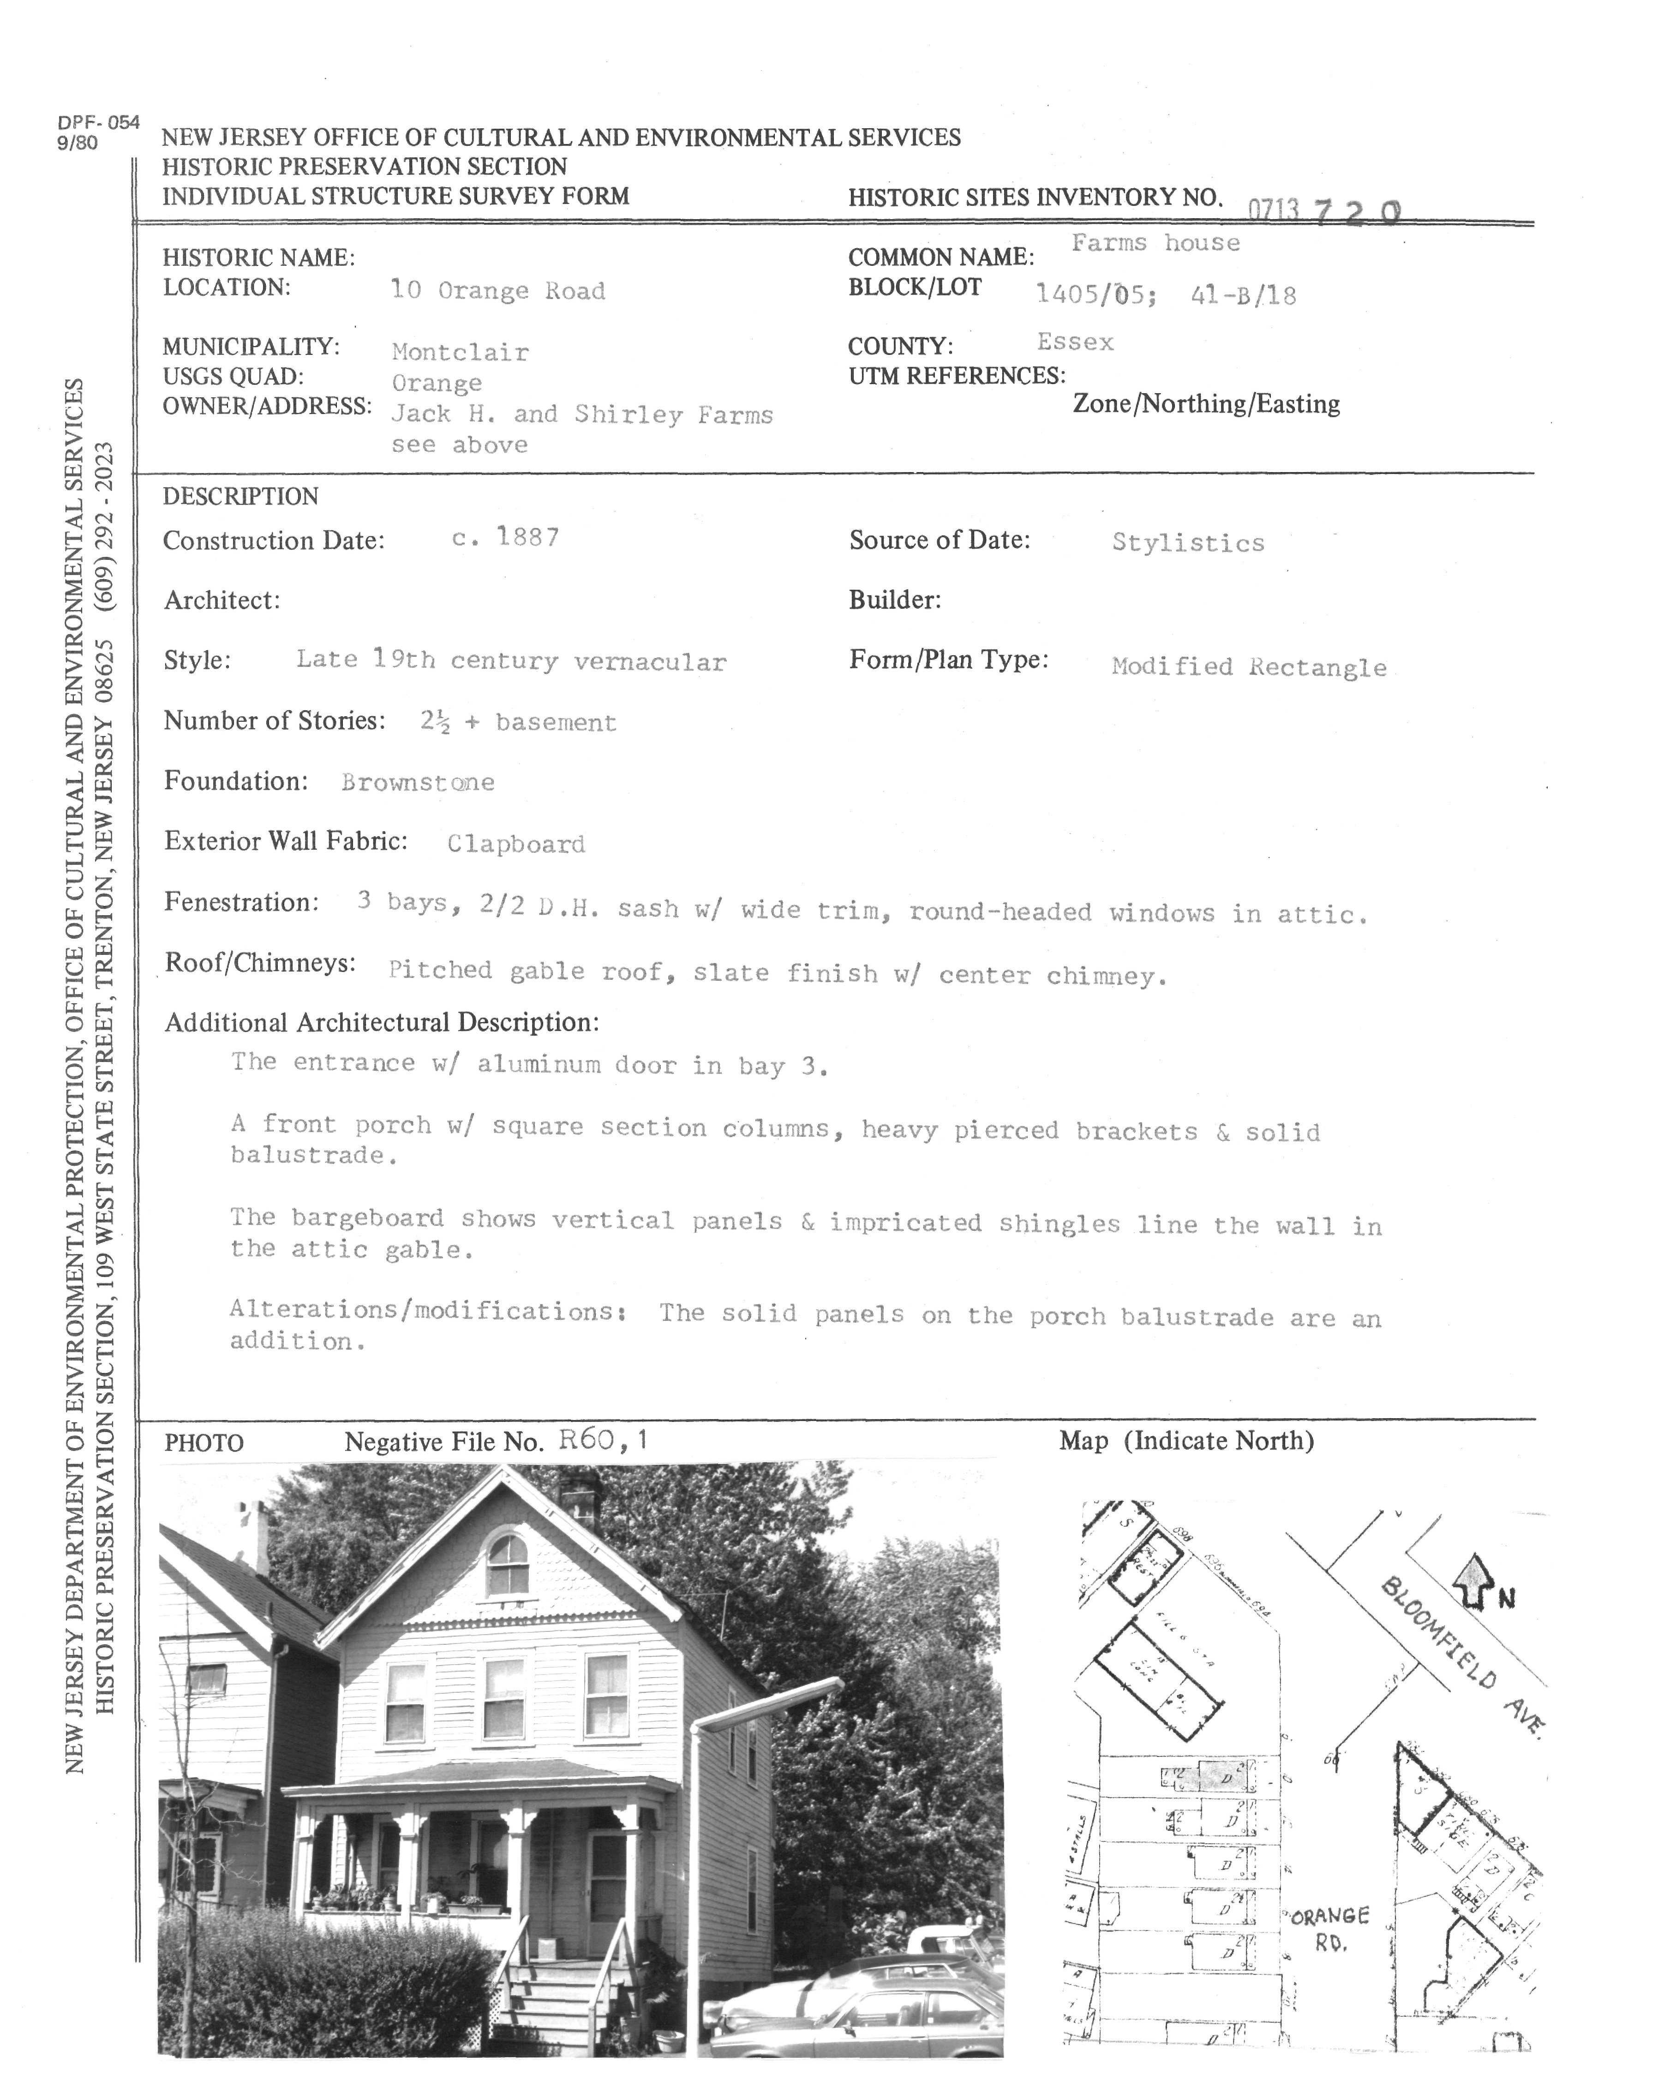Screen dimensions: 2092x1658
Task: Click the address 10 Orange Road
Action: pyautogui.click(x=498, y=290)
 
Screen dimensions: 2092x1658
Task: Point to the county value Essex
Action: pyautogui.click(x=1075, y=342)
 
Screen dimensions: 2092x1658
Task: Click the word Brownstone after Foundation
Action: pyautogui.click(x=417, y=782)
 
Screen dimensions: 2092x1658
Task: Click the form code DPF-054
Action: pyautogui.click(x=98, y=122)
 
